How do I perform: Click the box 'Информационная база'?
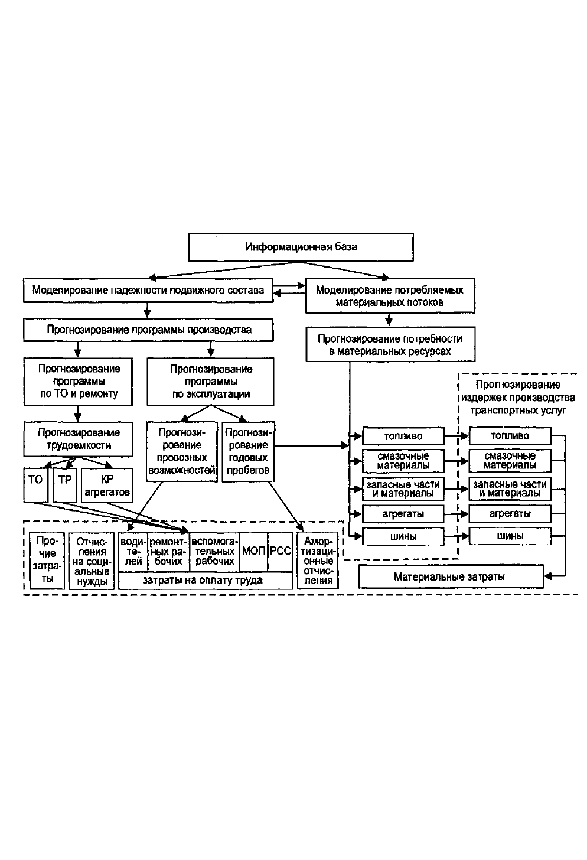click(301, 247)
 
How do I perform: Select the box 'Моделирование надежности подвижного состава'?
click(148, 290)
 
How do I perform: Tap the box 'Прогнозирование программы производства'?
click(148, 330)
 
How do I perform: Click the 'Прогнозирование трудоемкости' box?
click(78, 439)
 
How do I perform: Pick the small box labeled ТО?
click(35, 485)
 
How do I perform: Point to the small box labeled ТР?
click(65, 485)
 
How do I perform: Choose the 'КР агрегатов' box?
click(107, 486)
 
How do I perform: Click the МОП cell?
click(253, 552)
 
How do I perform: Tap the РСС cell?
click(281, 552)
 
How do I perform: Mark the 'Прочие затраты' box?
click(47, 560)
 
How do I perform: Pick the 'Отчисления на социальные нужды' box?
click(92, 561)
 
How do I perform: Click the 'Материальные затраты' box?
click(451, 576)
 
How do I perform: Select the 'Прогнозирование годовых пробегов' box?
click(249, 451)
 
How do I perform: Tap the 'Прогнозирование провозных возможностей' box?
click(181, 451)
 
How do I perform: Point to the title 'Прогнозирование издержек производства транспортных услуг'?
click(518, 398)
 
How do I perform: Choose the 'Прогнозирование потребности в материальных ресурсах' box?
click(390, 344)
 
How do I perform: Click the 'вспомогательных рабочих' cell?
click(214, 552)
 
